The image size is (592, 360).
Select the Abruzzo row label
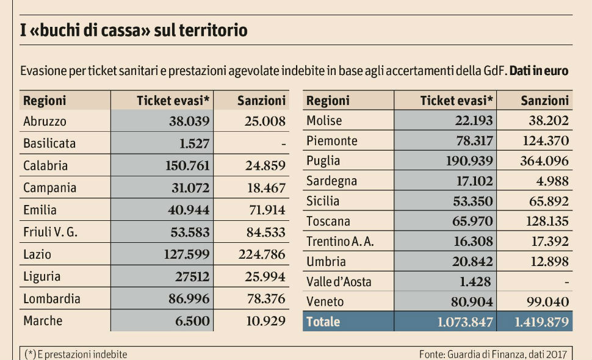pos(45,121)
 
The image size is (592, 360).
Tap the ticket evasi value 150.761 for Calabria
pos(187,165)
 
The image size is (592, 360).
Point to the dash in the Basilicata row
pos(283,144)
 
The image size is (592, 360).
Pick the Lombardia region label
pos(52,299)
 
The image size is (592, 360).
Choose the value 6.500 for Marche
pos(192,321)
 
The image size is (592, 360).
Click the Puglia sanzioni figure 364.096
pos(544,161)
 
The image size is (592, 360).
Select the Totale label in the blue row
pos(323,322)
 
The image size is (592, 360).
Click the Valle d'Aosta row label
pos(338,282)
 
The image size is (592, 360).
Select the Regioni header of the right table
pos(328,101)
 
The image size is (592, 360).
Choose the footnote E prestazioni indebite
pos(76,354)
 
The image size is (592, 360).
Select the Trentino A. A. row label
pos(340,242)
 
